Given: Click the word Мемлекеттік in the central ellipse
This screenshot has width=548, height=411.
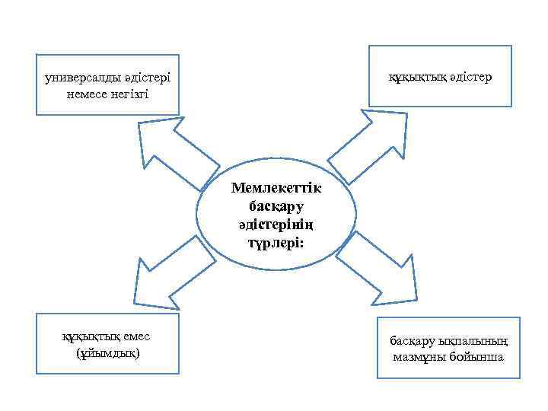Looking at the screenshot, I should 276,188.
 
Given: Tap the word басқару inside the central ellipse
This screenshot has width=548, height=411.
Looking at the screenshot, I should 276,206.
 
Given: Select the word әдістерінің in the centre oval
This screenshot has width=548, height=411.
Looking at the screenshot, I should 276,225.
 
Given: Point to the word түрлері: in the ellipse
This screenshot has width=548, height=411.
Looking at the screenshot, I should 276,243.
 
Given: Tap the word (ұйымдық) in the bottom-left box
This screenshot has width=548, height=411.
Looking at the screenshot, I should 108,355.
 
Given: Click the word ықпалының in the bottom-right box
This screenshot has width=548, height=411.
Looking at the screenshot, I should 476,341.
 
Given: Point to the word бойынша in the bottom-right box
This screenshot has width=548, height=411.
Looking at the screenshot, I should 478,357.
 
